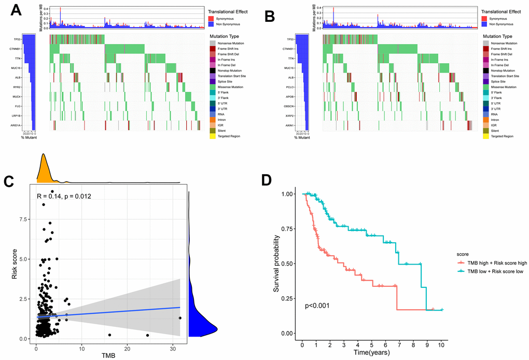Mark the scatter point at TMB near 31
[x=180, y=318]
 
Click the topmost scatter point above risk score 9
[x=52, y=191]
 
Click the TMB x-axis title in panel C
[x=108, y=355]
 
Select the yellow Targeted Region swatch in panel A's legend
[x=212, y=136]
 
